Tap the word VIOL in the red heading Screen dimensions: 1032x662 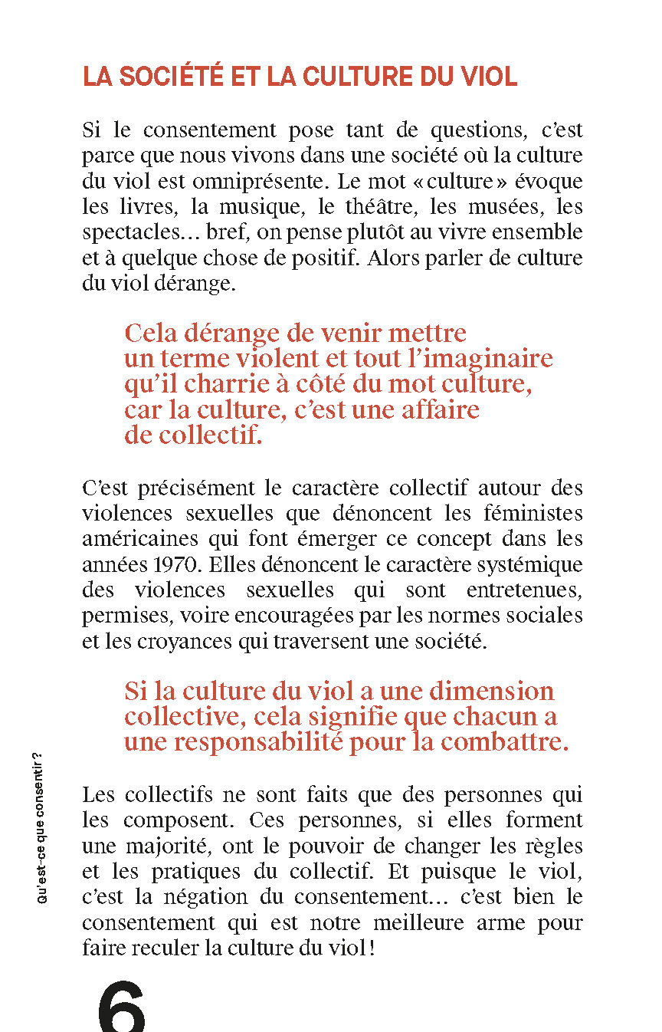pos(487,77)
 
